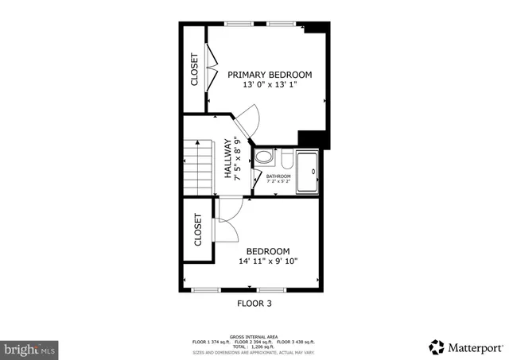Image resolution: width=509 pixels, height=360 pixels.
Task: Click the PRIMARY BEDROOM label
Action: (270, 75)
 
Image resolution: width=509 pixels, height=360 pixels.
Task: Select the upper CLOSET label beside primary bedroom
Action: (194, 69)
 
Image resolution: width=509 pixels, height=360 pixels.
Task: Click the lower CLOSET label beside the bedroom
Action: (198, 230)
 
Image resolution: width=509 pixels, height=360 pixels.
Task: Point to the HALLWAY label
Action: (227, 158)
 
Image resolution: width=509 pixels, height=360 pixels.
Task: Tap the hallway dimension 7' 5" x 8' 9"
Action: (237, 158)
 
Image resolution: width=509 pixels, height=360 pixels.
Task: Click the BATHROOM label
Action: (278, 176)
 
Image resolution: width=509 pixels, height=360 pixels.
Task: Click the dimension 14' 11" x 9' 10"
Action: (269, 261)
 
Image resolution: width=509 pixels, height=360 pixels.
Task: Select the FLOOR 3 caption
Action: (254, 303)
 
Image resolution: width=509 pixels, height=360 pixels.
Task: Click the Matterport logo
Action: (465, 346)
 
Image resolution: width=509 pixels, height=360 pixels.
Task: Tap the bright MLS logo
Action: (29, 348)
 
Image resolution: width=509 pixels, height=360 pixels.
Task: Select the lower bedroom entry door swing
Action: (229, 211)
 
